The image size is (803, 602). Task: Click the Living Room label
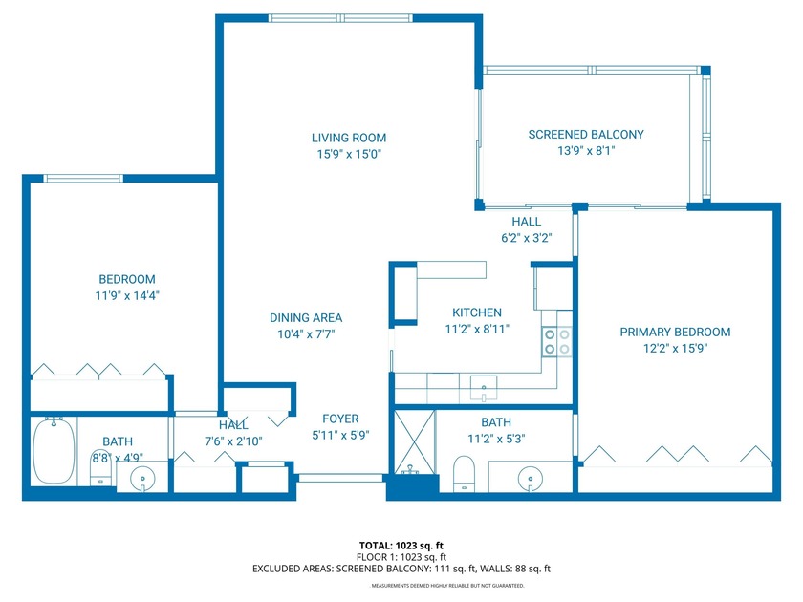(x=348, y=138)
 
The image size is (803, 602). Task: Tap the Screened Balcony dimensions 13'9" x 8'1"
(x=586, y=151)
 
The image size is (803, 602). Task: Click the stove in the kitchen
(x=556, y=341)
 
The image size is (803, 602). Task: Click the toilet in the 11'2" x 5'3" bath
(x=463, y=474)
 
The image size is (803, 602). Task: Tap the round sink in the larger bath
(x=531, y=477)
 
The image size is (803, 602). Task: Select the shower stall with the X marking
(x=414, y=441)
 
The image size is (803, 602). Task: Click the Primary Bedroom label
(x=675, y=332)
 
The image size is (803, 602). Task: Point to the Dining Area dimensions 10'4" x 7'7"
(x=306, y=334)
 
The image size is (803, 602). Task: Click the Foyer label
(x=340, y=419)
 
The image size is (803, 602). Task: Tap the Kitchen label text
(x=476, y=312)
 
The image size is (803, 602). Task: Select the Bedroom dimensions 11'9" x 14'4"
(x=119, y=296)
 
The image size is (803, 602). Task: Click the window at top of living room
(x=340, y=17)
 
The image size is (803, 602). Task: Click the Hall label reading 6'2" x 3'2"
(x=526, y=238)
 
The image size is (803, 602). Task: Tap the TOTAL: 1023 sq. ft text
(x=401, y=547)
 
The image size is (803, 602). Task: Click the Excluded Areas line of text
(x=401, y=569)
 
